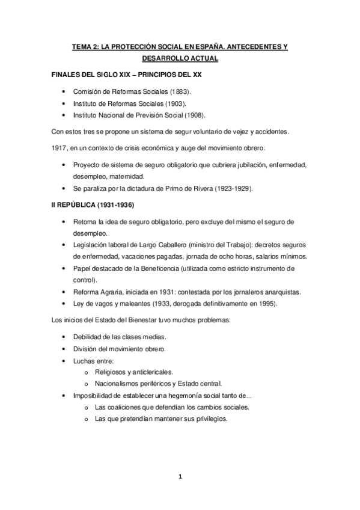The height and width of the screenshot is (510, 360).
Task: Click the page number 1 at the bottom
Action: coord(180,478)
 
